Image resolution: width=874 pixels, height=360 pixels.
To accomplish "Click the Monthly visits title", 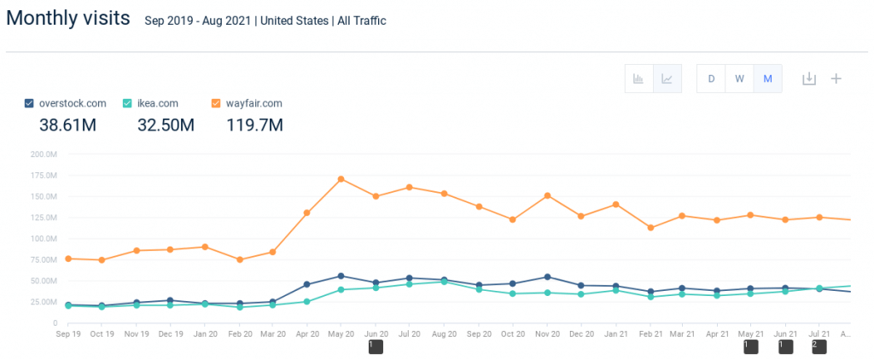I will click(x=69, y=18).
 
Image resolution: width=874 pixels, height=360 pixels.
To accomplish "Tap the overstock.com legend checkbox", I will click(x=30, y=103).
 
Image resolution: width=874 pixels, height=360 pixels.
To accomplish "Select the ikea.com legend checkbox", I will click(x=128, y=103).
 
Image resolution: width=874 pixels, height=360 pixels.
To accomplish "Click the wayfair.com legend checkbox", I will click(x=217, y=103).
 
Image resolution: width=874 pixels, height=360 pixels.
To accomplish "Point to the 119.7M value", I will click(x=254, y=125).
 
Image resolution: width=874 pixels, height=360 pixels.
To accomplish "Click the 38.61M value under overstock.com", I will click(x=67, y=125).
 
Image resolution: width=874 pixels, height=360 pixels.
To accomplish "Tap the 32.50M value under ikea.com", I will click(x=166, y=125).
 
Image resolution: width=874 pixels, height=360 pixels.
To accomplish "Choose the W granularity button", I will click(x=739, y=78).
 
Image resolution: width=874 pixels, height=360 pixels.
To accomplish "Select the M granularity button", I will click(x=767, y=78).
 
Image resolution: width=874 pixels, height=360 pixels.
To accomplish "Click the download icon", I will click(x=809, y=78).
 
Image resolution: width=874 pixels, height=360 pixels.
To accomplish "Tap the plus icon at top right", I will click(x=836, y=78).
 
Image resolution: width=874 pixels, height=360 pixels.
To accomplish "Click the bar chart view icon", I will click(x=638, y=78).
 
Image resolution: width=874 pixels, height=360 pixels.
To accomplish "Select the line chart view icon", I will click(x=667, y=78).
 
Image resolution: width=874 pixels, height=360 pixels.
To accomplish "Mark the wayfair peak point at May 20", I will click(x=341, y=179).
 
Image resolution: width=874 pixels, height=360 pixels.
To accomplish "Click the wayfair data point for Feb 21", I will click(x=650, y=228).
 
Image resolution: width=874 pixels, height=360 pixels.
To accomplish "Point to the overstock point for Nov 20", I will click(x=547, y=276).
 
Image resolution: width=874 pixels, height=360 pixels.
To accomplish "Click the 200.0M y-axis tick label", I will click(x=43, y=154).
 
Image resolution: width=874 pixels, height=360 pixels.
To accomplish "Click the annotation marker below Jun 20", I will click(x=376, y=346).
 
